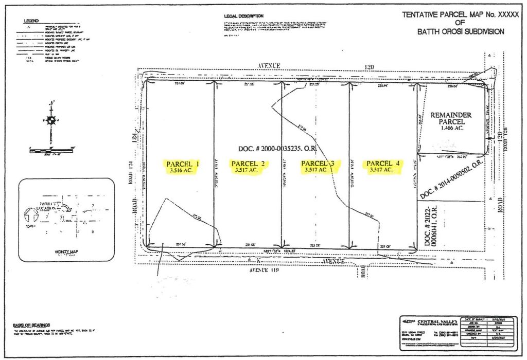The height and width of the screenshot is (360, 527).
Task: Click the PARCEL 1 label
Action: click(x=183, y=164)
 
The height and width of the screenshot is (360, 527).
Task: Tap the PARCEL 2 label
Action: click(x=248, y=164)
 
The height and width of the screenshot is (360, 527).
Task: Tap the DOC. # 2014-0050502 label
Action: click(x=451, y=178)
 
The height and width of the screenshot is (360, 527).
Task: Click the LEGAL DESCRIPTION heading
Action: click(x=244, y=16)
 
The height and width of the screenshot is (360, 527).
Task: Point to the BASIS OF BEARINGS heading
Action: click(x=31, y=325)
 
